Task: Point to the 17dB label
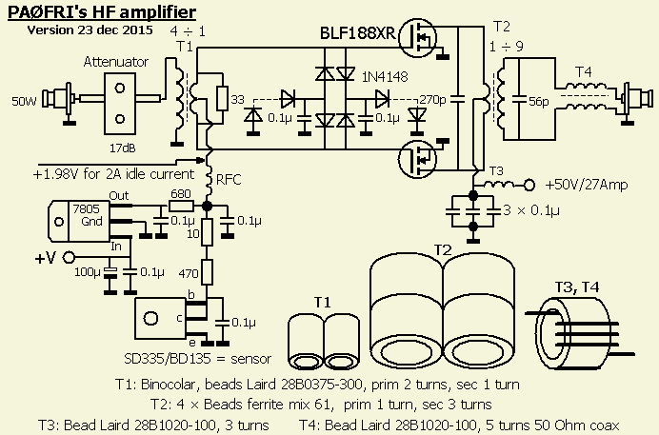pos(122,148)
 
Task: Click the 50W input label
pos(25,101)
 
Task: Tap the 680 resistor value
pos(180,193)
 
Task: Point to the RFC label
pos(229,177)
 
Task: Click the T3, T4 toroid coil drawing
pos(584,329)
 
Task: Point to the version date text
pos(90,30)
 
